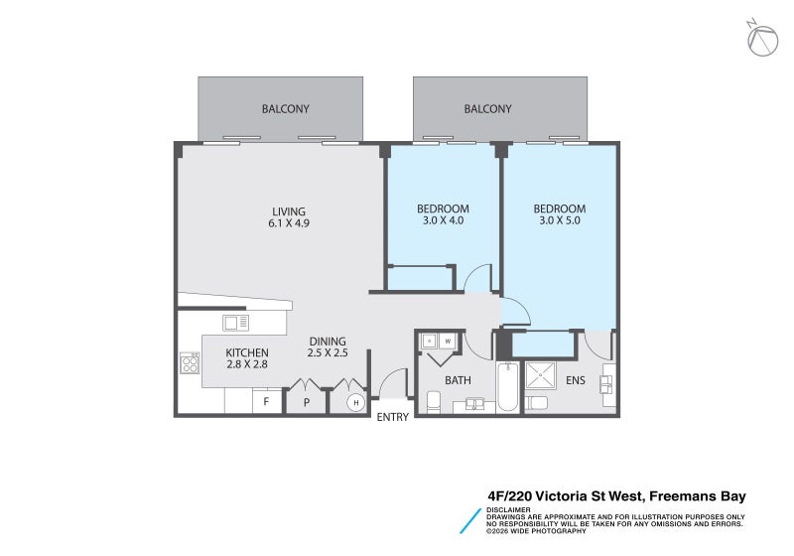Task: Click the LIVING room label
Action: (x=289, y=211)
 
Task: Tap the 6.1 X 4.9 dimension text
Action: (x=289, y=223)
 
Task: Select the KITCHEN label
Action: (x=247, y=352)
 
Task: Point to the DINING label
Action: (x=328, y=342)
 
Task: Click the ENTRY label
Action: (x=392, y=417)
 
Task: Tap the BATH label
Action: (x=458, y=380)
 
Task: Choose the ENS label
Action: (x=576, y=380)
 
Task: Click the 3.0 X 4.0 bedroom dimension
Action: (x=443, y=220)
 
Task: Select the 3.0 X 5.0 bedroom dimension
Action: (x=560, y=220)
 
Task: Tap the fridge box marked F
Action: (x=266, y=401)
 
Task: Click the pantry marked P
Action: (x=307, y=402)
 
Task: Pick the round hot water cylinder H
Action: (x=356, y=402)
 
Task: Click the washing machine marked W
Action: (x=448, y=342)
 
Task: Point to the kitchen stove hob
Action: (x=190, y=363)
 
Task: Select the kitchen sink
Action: (x=235, y=323)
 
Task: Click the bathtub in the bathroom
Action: (x=507, y=387)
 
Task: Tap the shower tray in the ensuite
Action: (x=540, y=375)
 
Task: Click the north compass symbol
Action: (x=762, y=39)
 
